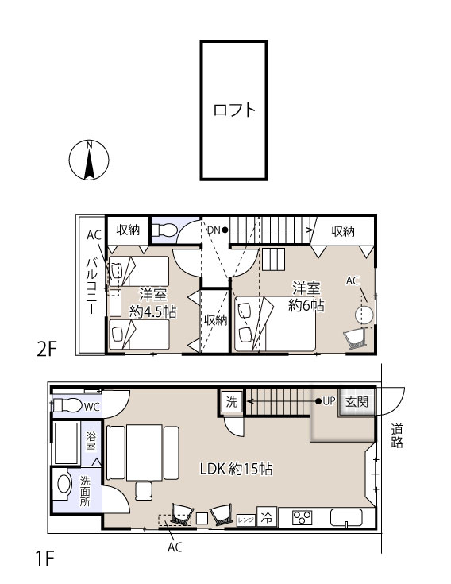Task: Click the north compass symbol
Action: point(89,161)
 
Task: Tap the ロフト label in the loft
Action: point(234,110)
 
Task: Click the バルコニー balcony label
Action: point(92,286)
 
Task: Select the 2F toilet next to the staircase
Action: point(164,230)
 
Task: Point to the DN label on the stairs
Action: point(214,230)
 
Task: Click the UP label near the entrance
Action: point(329,401)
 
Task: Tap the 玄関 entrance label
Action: point(357,402)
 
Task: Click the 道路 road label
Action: point(397,436)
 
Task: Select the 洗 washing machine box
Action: point(231,402)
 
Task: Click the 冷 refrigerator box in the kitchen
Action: point(267,517)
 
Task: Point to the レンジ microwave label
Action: point(246,520)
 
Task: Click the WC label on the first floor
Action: point(91,407)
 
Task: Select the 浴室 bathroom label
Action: point(91,441)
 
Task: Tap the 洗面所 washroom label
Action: point(85,491)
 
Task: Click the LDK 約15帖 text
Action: point(236,469)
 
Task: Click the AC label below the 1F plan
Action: point(175,547)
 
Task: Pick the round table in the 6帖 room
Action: point(364,315)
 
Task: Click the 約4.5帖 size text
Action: point(152,311)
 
